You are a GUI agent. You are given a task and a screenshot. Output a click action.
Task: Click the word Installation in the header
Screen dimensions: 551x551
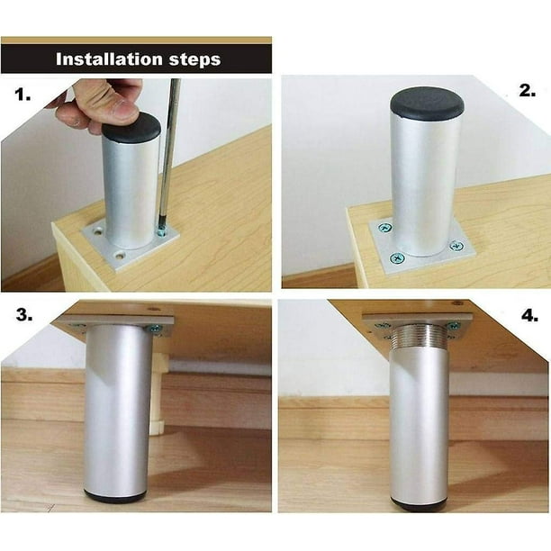click(103, 59)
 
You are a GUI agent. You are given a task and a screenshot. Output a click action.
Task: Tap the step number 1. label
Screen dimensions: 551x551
click(23, 93)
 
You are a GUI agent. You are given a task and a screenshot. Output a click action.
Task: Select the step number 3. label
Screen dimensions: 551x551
click(23, 316)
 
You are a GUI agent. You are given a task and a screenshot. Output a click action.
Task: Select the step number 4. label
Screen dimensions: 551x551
click(526, 316)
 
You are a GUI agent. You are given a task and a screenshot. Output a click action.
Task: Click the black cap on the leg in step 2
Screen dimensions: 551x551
click(427, 102)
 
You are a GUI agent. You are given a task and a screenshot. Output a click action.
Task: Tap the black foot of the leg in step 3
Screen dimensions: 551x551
click(115, 495)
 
